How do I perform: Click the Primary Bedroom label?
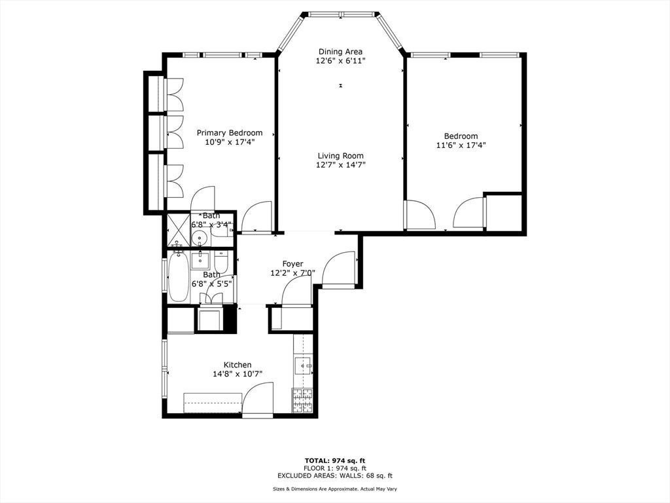coord(230,132)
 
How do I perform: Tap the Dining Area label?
coord(340,52)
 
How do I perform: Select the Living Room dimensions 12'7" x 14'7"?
coord(340,165)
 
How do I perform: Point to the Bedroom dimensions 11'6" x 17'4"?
coord(461,145)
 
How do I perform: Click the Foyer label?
coord(292,264)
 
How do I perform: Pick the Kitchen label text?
coord(238,365)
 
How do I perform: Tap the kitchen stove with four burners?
coord(302,401)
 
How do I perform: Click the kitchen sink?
coord(304,365)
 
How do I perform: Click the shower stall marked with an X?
coord(178,229)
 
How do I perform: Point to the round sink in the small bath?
coord(200,237)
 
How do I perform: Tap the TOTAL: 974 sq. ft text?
coord(335,460)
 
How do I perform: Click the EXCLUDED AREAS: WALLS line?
coord(335,475)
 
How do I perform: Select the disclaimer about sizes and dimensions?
coord(335,489)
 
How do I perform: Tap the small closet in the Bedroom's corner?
coord(504,213)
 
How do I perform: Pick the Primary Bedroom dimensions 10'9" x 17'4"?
coord(230,142)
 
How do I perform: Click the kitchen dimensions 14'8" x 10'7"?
coord(238,374)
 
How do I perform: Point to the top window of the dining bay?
coord(342,14)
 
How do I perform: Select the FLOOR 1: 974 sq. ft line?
coord(335,468)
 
